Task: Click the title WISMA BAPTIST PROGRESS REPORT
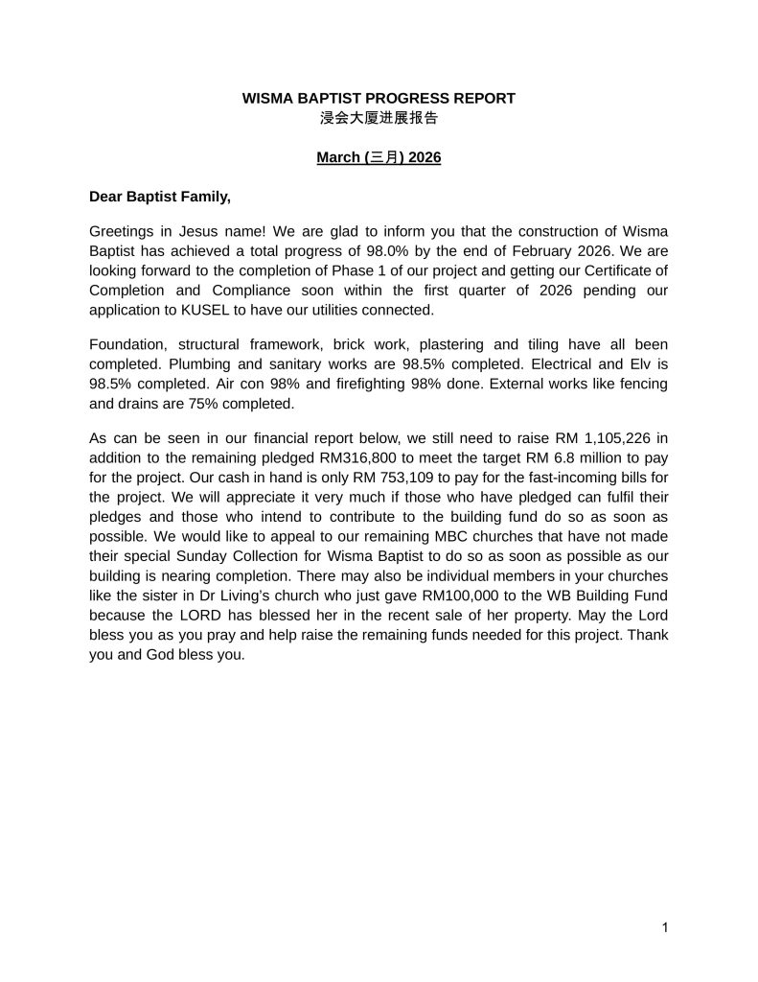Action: coord(379,98)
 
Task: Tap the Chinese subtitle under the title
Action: coord(379,118)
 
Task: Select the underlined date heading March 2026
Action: coord(379,157)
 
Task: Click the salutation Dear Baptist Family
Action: coord(160,197)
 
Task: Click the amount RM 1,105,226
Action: coord(599,436)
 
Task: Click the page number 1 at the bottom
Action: coord(664,927)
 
